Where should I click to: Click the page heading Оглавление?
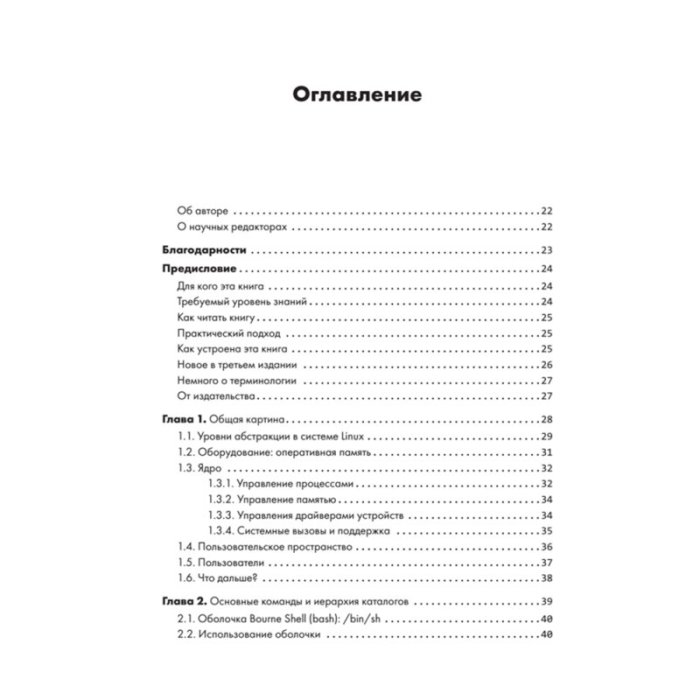click(349, 94)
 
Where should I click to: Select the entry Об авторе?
click(202, 211)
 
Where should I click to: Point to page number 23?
click(546, 249)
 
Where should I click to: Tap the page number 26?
click(546, 365)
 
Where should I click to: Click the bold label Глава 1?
click(184, 419)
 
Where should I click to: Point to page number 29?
click(546, 436)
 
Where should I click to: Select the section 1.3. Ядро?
click(199, 467)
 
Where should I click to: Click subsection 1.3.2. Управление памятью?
click(272, 499)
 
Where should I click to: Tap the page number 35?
click(546, 530)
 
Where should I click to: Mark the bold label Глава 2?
click(184, 601)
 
